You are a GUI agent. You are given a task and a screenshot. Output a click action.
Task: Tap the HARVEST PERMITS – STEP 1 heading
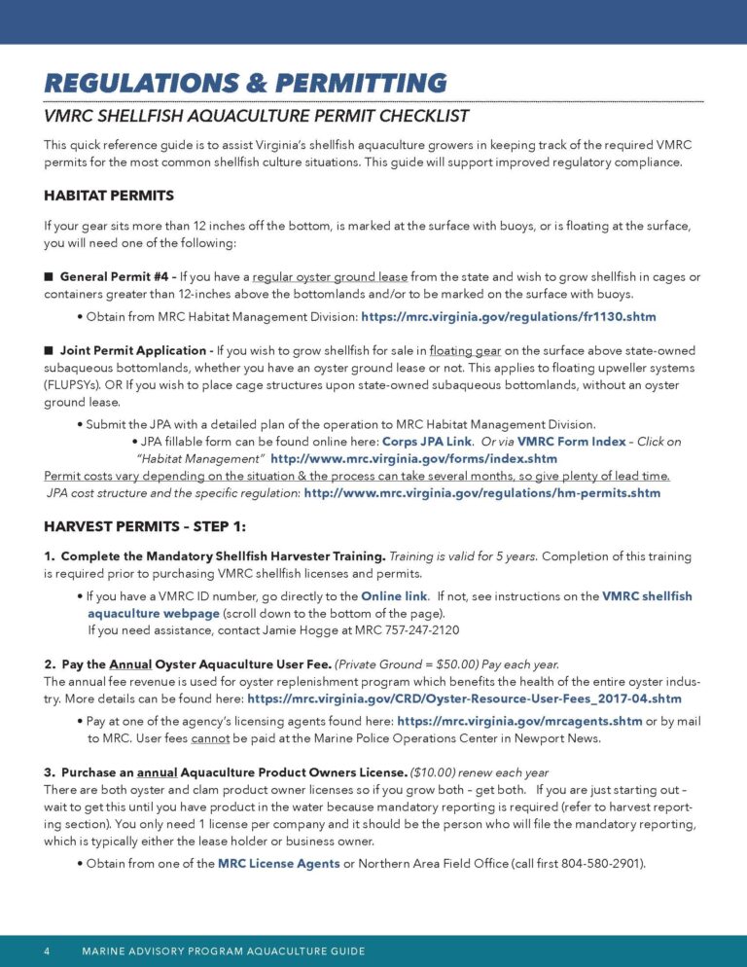(145, 526)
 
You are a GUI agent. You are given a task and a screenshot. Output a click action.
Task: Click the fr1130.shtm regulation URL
(509, 317)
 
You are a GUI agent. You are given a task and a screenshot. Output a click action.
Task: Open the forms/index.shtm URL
(413, 458)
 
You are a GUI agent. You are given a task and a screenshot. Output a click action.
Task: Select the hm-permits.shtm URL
(481, 493)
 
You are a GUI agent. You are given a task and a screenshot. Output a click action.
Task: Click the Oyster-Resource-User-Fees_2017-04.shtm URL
(464, 698)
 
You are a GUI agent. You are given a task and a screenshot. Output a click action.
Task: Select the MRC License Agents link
(278, 863)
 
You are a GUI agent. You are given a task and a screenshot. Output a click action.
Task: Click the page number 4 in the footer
(47, 950)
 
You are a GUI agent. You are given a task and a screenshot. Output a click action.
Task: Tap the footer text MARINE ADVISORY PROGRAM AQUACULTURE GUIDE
(224, 950)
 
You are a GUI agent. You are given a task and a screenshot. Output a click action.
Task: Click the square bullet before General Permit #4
(49, 276)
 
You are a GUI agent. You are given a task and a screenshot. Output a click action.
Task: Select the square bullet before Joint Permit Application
(49, 350)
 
